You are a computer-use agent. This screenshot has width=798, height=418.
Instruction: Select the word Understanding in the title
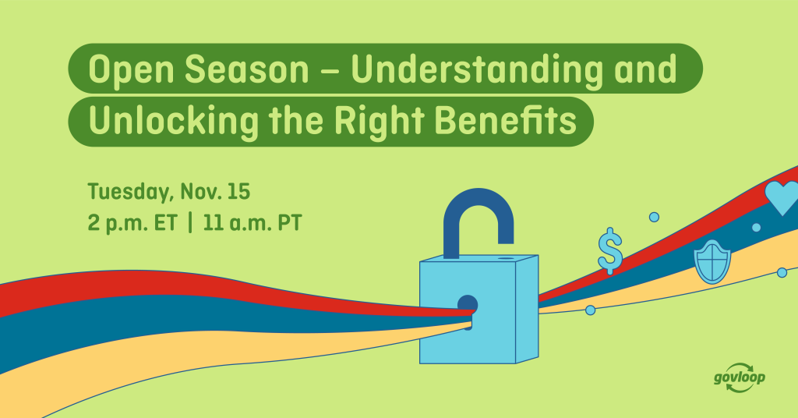click(477, 70)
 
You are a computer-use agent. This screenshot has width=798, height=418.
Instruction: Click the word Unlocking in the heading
click(174, 121)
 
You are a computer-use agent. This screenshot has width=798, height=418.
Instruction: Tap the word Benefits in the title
click(506, 120)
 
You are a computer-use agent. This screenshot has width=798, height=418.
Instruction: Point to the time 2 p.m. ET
click(132, 224)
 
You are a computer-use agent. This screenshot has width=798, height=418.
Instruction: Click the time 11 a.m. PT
click(252, 224)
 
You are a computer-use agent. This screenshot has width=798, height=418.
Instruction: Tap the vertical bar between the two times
click(190, 223)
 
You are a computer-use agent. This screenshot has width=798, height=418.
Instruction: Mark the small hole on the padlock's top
click(506, 259)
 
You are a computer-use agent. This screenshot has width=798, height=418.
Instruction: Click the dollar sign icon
click(610, 251)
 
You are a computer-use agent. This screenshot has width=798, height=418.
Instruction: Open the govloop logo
click(739, 378)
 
